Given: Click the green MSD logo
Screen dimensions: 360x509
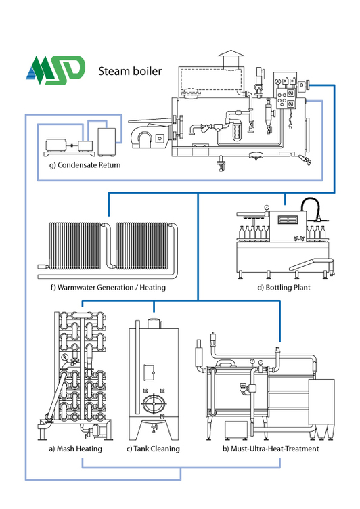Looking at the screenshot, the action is click(55, 70).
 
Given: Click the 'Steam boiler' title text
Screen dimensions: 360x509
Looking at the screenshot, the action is click(130, 71).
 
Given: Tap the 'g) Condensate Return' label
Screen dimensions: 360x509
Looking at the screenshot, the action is click(85, 165).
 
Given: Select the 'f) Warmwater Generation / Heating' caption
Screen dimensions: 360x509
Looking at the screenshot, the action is click(108, 287).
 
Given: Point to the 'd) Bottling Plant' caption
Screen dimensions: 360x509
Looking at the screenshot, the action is click(284, 287).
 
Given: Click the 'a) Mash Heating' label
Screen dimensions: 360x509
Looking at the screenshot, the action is click(75, 449).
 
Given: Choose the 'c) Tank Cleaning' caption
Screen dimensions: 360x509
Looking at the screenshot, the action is click(153, 449).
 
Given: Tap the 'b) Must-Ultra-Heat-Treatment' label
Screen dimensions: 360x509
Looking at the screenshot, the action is click(271, 449).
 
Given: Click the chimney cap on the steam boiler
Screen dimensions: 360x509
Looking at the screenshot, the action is click(231, 53).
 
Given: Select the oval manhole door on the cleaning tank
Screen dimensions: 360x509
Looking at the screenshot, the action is click(154, 404).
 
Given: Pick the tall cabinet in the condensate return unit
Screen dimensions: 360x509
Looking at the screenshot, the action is click(106, 141).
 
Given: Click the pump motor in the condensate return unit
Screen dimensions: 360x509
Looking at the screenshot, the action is click(56, 145).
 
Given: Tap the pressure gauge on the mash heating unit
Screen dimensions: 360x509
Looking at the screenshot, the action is click(65, 357).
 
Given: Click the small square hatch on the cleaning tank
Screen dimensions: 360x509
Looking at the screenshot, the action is click(149, 372).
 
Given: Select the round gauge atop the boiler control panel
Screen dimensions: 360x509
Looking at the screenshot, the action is click(277, 81).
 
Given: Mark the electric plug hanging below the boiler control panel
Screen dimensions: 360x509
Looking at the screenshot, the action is click(291, 125).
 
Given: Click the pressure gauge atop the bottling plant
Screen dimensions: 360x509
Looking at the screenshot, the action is click(267, 207).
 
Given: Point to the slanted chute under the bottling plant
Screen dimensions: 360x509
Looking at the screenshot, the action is click(311, 263).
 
